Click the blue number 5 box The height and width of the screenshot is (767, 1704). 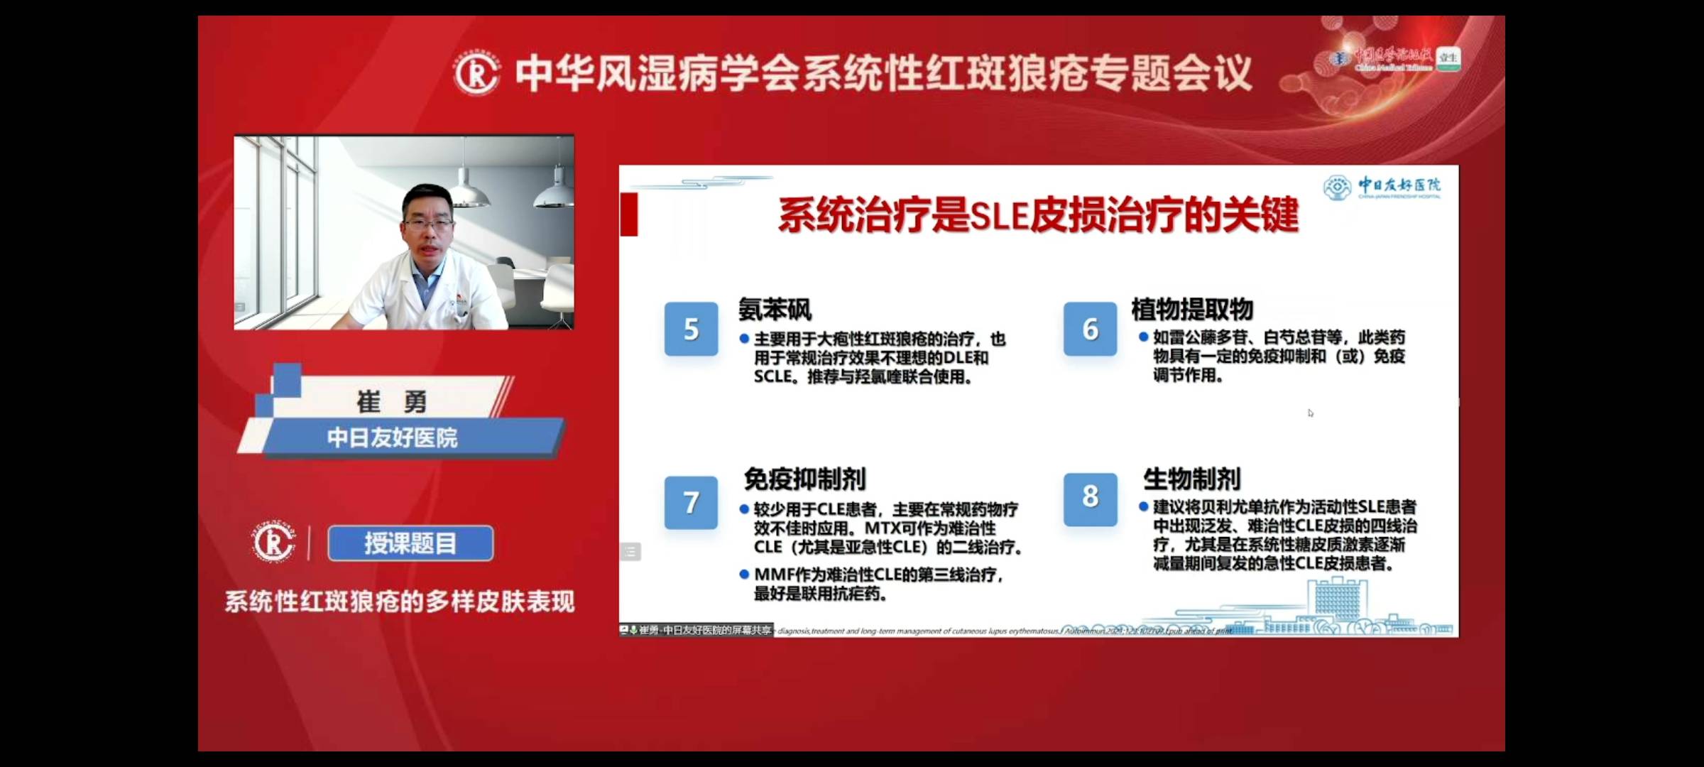(691, 329)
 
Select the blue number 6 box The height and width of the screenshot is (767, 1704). (1090, 329)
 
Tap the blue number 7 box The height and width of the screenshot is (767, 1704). (691, 502)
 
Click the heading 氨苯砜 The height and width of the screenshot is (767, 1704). (775, 310)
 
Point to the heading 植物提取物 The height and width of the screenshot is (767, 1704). (1192, 310)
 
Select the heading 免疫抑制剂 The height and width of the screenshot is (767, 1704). (804, 479)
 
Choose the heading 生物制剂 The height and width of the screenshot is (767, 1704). (1192, 479)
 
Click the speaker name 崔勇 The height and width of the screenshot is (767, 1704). (391, 402)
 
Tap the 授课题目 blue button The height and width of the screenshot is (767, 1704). (410, 544)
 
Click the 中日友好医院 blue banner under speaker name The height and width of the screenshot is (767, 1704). (393, 437)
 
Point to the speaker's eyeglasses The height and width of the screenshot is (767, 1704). (427, 224)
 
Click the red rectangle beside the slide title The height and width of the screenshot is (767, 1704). (629, 214)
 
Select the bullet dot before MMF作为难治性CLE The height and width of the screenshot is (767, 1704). (743, 574)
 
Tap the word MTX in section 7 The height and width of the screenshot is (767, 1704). (883, 528)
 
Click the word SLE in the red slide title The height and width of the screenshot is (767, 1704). (998, 216)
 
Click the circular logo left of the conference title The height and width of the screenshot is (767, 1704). (476, 74)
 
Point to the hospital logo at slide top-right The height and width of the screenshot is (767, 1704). (1338, 187)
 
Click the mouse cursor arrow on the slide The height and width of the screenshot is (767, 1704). (1310, 413)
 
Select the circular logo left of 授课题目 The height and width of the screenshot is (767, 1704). (273, 543)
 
